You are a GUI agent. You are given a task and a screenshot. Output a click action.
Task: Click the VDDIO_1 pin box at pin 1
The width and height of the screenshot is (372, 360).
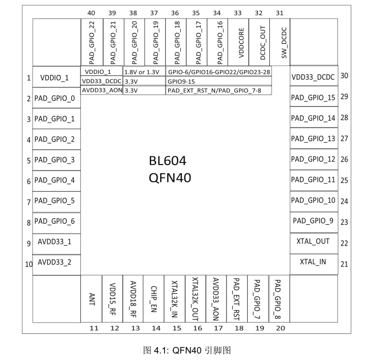pyautogui.click(x=56, y=77)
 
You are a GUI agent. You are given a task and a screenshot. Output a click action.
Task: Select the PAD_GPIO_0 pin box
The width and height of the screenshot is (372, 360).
pyautogui.click(x=56, y=98)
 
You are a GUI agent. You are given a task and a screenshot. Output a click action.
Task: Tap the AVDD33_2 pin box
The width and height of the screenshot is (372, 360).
pyautogui.click(x=56, y=265)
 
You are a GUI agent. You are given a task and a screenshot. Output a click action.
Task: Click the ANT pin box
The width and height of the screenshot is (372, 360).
pyautogui.click(x=91, y=299)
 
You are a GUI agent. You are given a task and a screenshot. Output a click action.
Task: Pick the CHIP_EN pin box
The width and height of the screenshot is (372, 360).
pyautogui.click(x=154, y=299)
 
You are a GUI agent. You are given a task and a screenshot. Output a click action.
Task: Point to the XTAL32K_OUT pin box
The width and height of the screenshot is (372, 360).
pyautogui.click(x=196, y=299)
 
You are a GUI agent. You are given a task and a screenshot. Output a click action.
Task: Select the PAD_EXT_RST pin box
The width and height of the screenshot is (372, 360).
pyautogui.click(x=237, y=299)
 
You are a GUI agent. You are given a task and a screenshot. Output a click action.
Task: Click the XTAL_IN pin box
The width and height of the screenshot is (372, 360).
pyautogui.click(x=314, y=264)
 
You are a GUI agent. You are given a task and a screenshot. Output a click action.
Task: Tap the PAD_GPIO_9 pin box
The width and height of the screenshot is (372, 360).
pyautogui.click(x=314, y=223)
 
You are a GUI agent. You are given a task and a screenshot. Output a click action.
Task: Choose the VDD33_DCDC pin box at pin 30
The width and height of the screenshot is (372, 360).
pyautogui.click(x=314, y=75)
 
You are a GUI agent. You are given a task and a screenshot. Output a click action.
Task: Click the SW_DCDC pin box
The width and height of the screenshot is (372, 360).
pyautogui.click(x=280, y=42)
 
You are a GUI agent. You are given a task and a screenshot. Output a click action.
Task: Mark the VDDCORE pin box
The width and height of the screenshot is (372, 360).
pyautogui.click(x=238, y=42)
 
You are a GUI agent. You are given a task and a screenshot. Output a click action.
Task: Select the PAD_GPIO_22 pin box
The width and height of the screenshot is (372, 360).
pyautogui.click(x=92, y=42)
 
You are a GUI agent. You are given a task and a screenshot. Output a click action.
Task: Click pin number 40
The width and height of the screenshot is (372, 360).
pyautogui.click(x=91, y=13)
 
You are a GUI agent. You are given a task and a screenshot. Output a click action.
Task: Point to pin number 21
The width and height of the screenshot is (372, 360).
pyautogui.click(x=344, y=264)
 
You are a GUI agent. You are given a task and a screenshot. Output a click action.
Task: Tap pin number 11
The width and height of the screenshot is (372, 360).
pyautogui.click(x=94, y=329)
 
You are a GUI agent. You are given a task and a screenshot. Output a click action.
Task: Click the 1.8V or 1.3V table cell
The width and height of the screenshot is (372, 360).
pyautogui.click(x=144, y=72)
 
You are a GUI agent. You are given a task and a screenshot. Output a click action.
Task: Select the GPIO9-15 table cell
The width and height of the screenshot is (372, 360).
pyautogui.click(x=218, y=81)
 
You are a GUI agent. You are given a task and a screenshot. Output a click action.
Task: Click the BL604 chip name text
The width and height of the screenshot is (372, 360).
pyautogui.click(x=167, y=161)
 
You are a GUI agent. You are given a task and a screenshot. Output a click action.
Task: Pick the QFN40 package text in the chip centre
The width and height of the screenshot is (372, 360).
pyautogui.click(x=170, y=178)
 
